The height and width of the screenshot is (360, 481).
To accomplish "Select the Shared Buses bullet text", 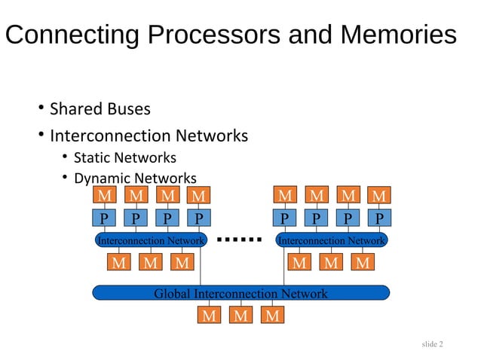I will [x=100, y=109].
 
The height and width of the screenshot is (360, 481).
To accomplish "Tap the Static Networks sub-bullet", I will [x=124, y=157].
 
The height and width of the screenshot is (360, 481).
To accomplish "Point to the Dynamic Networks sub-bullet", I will [x=134, y=178].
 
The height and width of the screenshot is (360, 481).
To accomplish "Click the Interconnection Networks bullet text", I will [x=149, y=136].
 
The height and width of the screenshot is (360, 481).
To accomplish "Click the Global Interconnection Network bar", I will [x=240, y=293].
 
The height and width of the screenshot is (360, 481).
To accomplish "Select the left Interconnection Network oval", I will [x=151, y=240].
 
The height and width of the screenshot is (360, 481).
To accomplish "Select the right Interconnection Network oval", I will [x=332, y=240].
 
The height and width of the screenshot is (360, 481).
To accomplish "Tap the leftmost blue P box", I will [x=103, y=218].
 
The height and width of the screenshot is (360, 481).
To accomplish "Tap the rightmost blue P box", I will [x=379, y=218].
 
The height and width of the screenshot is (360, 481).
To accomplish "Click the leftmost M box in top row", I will [x=103, y=196].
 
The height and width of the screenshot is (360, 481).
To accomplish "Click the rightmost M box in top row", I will [x=379, y=196].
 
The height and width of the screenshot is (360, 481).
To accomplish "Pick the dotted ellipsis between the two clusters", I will [x=238, y=240].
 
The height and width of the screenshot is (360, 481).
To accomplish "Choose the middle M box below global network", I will [x=240, y=316].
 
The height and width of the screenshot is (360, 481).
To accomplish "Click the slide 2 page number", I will [x=433, y=344].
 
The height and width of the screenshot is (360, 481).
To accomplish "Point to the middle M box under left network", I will [x=151, y=263].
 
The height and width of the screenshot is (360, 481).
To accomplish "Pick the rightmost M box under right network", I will [x=363, y=263].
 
